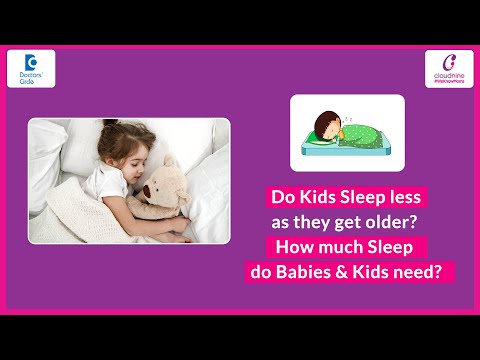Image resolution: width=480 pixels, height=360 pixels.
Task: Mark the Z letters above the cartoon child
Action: click(x=344, y=112)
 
